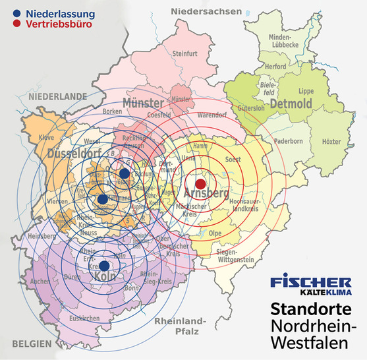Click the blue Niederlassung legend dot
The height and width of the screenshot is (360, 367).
16,13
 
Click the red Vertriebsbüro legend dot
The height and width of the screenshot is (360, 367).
16,24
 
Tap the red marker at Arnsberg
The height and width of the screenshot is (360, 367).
201,183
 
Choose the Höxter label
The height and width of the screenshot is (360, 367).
332,142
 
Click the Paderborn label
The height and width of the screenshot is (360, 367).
288,141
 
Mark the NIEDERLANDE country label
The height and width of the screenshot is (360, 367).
58,96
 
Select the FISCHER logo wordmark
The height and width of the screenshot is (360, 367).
311,282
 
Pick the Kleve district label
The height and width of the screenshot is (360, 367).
46,137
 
